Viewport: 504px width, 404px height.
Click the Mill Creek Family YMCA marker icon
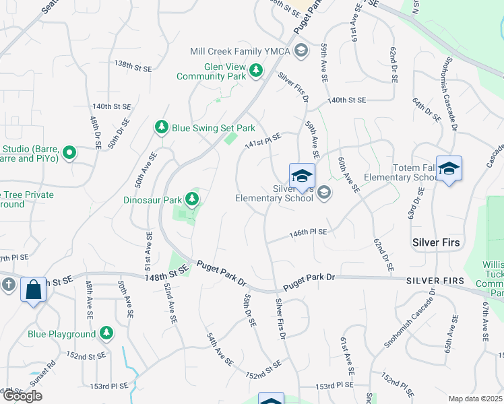(x=301, y=50)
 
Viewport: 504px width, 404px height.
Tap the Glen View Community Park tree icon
(x=256, y=70)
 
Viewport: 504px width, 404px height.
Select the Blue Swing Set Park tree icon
(x=161, y=127)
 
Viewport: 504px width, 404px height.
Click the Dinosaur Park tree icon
(x=193, y=199)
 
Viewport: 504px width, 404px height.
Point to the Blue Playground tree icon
(x=106, y=333)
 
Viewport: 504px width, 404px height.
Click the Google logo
(x=23, y=396)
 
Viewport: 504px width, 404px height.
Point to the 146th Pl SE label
(x=308, y=232)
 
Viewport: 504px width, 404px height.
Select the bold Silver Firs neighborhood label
(x=437, y=241)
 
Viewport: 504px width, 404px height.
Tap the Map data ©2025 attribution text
(x=475, y=399)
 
